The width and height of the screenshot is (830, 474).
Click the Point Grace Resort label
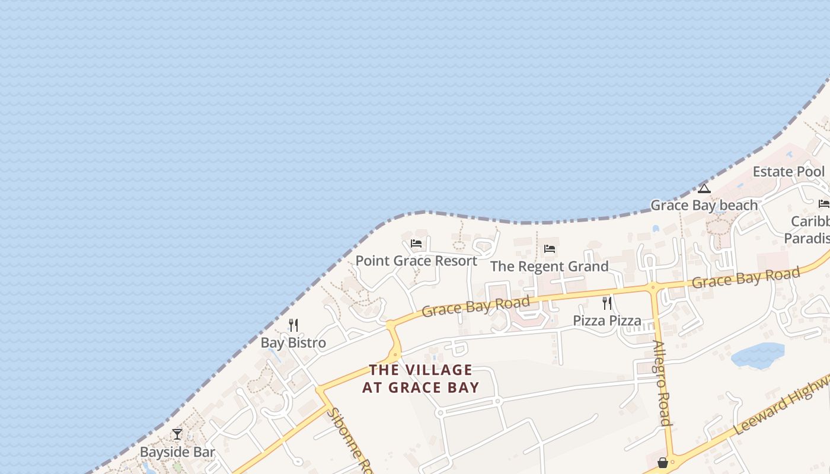pos(416,261)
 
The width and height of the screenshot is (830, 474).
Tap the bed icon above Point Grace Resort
pos(416,244)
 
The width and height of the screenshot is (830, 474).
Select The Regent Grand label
pos(550,267)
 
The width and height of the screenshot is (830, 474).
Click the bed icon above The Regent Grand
pos(550,249)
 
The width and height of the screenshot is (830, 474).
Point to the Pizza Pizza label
pos(607,321)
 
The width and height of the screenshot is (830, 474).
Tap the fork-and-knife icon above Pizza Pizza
pos(607,303)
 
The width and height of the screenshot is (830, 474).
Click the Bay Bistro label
pos(293,343)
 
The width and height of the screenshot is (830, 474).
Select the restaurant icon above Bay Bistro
pos(293,325)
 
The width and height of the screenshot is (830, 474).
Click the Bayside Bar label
pos(177,452)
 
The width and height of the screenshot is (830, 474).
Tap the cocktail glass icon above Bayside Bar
pos(177,434)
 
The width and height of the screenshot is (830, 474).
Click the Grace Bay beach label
pos(704,206)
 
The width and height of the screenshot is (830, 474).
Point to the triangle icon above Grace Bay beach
pos(704,188)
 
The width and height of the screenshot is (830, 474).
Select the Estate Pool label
pos(788,172)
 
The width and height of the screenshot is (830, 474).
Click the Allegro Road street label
pos(662,383)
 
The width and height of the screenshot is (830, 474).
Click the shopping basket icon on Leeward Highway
pos(663,462)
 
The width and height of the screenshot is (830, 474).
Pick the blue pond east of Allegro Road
pos(758,355)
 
